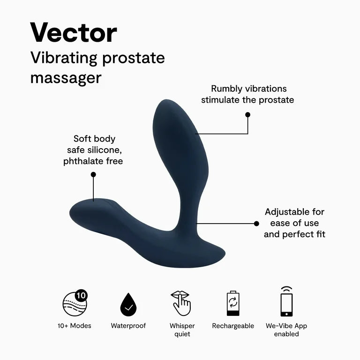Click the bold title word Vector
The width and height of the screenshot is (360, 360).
click(74, 33)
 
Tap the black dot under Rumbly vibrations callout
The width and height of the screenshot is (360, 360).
click(247, 114)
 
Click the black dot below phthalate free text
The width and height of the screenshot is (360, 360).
click(93, 174)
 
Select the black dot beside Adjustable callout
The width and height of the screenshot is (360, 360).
click(256, 224)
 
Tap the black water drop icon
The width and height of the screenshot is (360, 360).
click(128, 305)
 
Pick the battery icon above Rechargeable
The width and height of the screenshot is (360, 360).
click(233, 304)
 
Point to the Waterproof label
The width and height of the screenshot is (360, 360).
click(128, 326)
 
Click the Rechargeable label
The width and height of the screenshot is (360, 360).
click(233, 326)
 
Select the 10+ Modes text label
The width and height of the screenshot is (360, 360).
click(75, 326)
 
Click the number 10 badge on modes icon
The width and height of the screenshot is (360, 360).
click(81, 296)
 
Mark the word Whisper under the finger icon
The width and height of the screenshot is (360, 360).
click(182, 326)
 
